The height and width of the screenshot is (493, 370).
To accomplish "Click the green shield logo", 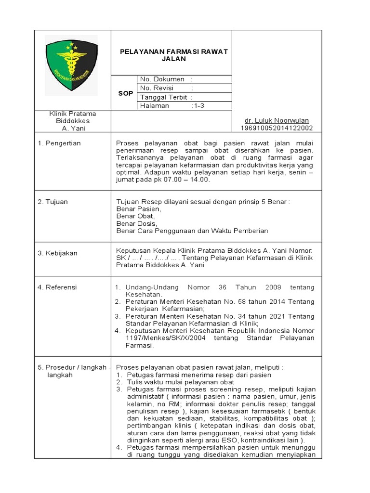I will [71, 65].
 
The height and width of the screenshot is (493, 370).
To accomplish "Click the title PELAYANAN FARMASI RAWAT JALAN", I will [173, 55].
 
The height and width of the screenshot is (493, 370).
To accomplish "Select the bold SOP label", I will [125, 93].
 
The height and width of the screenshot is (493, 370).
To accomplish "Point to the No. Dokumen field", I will [162, 79].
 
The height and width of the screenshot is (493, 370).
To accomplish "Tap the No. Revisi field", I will [157, 88].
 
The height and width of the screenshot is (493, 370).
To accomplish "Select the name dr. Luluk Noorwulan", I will [277, 120].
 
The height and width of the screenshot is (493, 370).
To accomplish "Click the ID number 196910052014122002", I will [277, 128].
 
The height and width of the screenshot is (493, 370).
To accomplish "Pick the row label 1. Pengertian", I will [59, 143].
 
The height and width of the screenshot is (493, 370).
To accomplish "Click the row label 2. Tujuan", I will [53, 202].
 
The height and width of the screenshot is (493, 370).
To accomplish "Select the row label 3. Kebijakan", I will [57, 253].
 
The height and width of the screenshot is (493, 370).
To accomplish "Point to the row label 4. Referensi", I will [57, 287].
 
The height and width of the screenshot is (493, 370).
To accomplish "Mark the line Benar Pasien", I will [139, 209].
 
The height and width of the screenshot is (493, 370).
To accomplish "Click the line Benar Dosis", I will [137, 223].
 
